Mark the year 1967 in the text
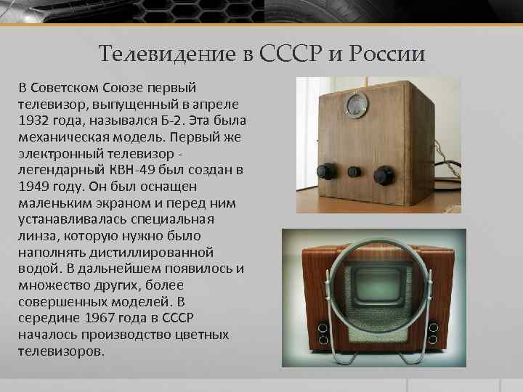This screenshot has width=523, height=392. [102, 319]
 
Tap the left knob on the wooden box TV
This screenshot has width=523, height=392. [324, 171]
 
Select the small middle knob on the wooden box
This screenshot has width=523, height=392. [354, 172]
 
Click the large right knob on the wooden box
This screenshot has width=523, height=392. [384, 175]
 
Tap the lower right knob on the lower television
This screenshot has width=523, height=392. [434, 339]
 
